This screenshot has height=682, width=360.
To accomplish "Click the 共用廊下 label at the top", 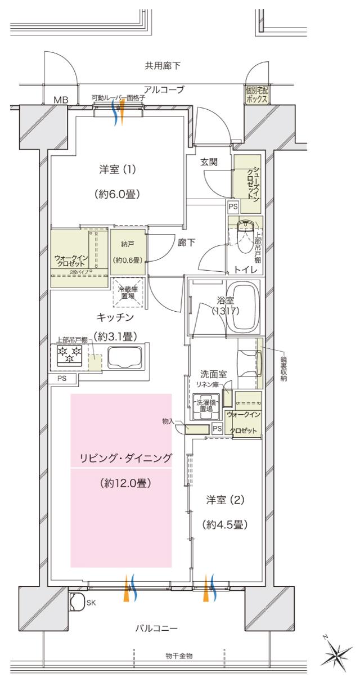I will pos(163,66).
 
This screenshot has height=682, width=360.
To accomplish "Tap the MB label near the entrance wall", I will pos(60,100).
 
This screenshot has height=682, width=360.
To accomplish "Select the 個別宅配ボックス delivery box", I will pos(256,95).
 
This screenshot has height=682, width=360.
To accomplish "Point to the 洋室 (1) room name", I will pos(117,169).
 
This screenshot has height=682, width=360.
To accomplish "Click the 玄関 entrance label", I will pos(209,163).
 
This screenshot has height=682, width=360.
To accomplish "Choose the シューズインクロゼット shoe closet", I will pos(247,176).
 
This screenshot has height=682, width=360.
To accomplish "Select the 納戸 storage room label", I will pos(128,245).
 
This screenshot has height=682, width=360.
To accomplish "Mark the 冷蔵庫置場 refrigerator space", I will pos(128,294).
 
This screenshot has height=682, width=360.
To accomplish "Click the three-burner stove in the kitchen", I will pos(67,355).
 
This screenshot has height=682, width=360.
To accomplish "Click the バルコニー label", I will pos(156,627).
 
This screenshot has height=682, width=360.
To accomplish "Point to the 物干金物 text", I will pos(179,656).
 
